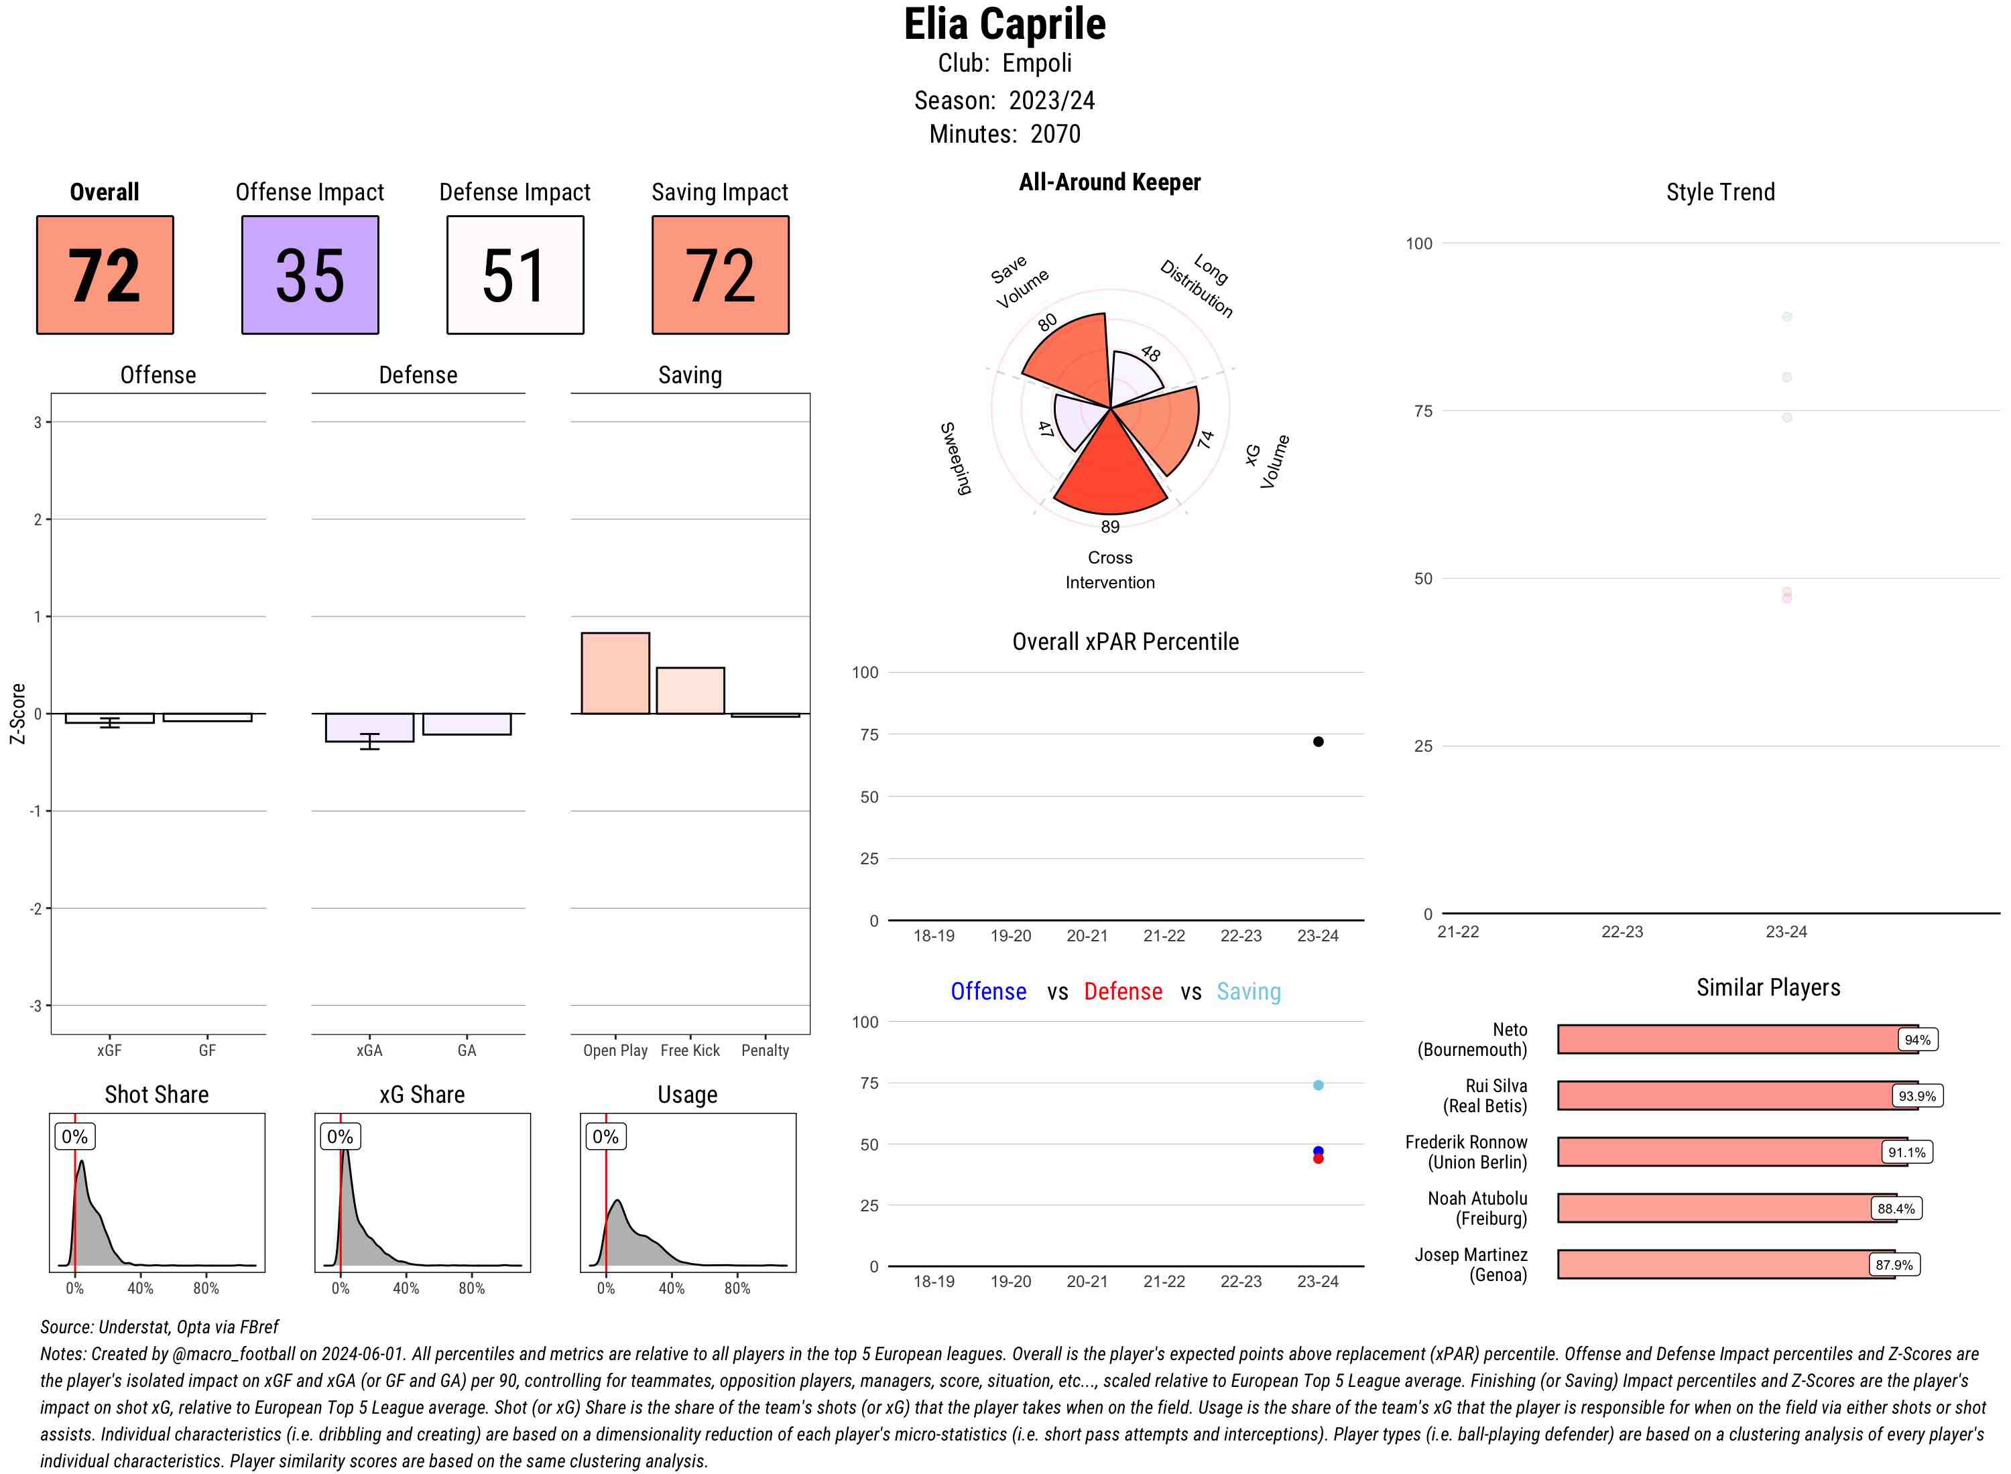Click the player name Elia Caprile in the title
[1004, 24]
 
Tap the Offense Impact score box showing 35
[310, 275]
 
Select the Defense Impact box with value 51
[515, 275]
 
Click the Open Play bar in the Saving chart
[615, 673]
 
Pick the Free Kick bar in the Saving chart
[690, 691]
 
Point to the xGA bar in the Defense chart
[369, 727]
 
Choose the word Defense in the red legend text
[1123, 992]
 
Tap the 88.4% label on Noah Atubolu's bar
[1895, 1209]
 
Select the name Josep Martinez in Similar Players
[1470, 1254]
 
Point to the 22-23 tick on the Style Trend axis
[1622, 931]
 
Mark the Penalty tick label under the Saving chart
[765, 1050]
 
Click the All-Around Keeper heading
[1109, 182]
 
